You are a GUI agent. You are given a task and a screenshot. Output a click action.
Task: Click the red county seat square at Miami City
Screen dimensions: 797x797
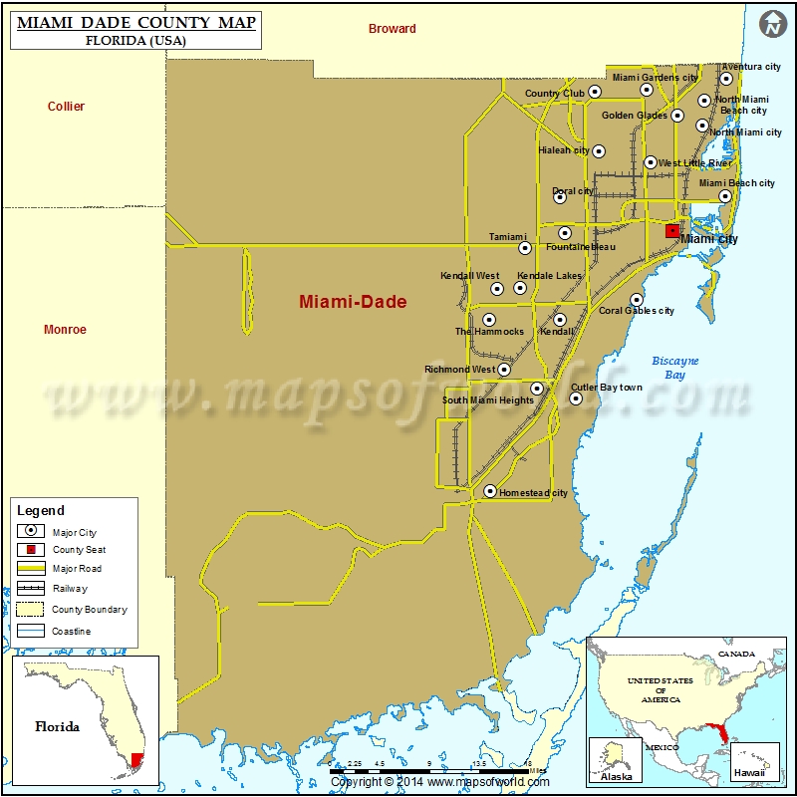(672, 230)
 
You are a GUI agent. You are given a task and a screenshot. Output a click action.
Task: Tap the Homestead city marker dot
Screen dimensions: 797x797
(490, 491)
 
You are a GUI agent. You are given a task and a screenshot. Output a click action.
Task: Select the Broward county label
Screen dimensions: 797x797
(392, 29)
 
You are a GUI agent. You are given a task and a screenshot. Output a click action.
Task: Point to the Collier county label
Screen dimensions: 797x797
(67, 107)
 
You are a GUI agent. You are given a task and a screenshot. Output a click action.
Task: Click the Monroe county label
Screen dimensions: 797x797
(65, 330)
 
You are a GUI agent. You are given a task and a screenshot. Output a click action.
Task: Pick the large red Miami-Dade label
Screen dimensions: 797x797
(354, 302)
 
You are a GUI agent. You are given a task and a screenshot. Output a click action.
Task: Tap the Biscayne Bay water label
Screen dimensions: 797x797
(675, 368)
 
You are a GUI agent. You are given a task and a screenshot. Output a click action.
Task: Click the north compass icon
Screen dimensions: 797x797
(772, 25)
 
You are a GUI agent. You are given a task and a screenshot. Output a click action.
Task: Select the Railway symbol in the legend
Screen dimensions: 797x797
(31, 589)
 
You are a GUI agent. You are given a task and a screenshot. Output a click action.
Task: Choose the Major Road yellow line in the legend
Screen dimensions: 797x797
(31, 569)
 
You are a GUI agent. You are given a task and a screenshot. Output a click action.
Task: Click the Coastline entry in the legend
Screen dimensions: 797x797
(31, 631)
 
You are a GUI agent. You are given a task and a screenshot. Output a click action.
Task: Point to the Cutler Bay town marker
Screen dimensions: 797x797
(576, 398)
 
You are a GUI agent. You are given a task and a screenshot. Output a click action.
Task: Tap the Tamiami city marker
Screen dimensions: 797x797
(525, 248)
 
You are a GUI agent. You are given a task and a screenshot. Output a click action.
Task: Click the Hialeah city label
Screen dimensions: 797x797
(564, 150)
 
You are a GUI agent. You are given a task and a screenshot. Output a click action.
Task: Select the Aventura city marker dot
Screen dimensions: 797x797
(726, 79)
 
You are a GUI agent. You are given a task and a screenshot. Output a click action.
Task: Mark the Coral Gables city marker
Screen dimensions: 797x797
(637, 299)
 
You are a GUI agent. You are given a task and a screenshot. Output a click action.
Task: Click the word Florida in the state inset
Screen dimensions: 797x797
(57, 726)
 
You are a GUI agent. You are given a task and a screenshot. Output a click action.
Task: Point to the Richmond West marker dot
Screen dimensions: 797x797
(504, 370)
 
